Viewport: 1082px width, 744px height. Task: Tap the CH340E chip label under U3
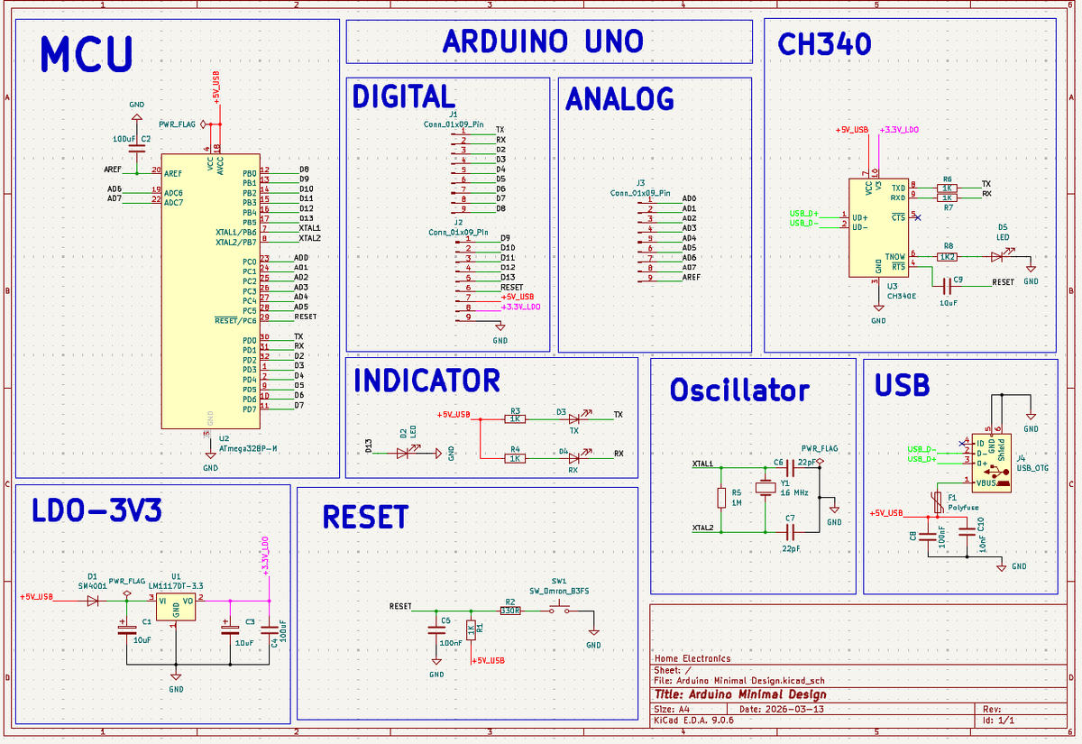pyautogui.click(x=901, y=296)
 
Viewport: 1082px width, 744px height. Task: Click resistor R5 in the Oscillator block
pyautogui.click(x=721, y=498)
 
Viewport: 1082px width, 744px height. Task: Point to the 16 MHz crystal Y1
pyautogui.click(x=765, y=488)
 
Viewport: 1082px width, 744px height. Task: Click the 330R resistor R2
pyautogui.click(x=510, y=611)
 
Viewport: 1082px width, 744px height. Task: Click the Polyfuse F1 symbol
pyautogui.click(x=939, y=501)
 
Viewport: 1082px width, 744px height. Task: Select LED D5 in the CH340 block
pyautogui.click(x=996, y=257)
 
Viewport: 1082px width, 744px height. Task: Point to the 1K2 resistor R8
pyautogui.click(x=948, y=257)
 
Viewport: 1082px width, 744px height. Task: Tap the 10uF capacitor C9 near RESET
pyautogui.click(x=947, y=286)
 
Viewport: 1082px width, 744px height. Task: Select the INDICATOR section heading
pyautogui.click(x=426, y=381)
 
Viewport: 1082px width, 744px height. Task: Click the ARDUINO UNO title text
pyautogui.click(x=543, y=41)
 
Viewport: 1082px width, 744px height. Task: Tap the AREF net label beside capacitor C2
pyautogui.click(x=115, y=169)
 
